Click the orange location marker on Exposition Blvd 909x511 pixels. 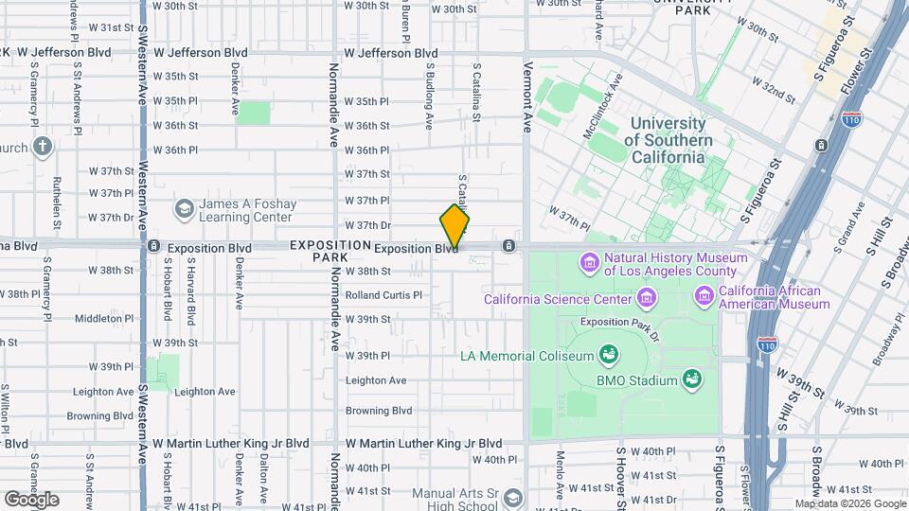click(454, 228)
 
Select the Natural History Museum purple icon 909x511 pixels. click(588, 261)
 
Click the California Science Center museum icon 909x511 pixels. click(647, 299)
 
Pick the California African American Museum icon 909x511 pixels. click(704, 297)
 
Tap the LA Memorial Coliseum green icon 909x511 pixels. click(609, 356)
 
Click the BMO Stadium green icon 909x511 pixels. click(693, 380)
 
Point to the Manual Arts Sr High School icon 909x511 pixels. click(512, 498)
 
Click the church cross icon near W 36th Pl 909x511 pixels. click(42, 147)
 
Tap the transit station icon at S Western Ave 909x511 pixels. click(153, 246)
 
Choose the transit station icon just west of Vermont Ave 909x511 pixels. click(509, 247)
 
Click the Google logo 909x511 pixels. click(31, 499)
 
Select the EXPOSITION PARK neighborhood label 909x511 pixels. click(330, 251)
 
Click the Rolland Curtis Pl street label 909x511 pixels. click(383, 295)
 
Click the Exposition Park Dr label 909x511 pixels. click(618, 323)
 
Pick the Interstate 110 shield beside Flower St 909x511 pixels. click(850, 120)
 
